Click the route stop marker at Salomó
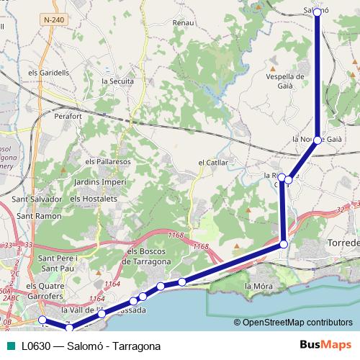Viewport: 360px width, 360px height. click(x=318, y=12)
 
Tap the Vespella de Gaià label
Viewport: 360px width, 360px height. click(x=306, y=80)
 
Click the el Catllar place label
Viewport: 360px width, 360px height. click(x=212, y=163)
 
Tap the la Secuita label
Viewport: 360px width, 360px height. click(x=118, y=81)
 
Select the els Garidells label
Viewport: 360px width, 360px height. click(x=49, y=73)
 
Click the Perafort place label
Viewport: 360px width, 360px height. click(x=70, y=114)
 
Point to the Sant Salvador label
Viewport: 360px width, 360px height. click(x=39, y=199)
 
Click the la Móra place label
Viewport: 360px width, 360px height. click(x=257, y=286)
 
